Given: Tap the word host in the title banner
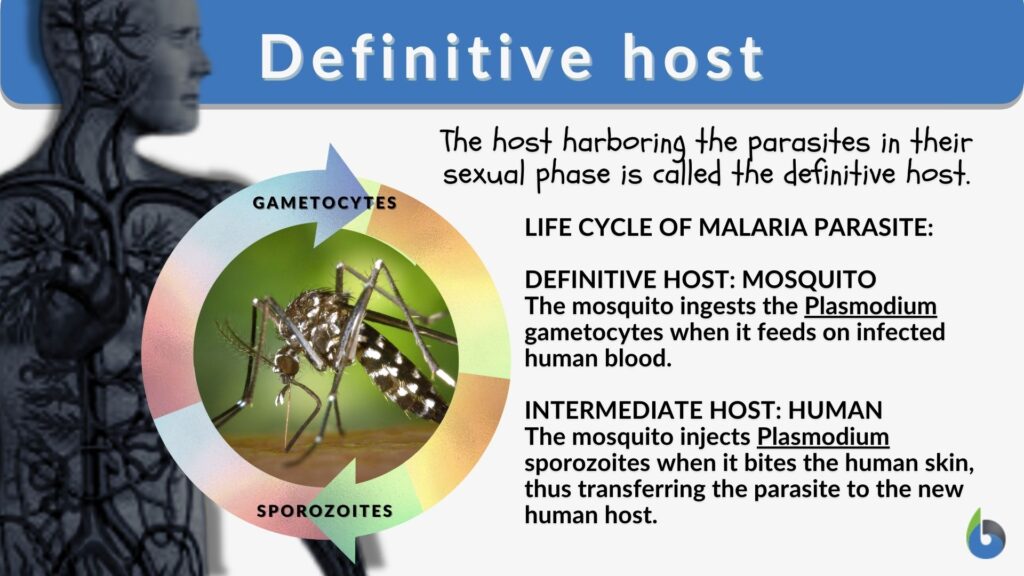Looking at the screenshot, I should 688,58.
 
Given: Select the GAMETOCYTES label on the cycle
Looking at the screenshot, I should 324,203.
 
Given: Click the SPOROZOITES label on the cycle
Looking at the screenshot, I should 324,512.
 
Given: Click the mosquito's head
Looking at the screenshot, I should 288,365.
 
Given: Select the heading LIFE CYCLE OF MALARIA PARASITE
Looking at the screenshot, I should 728,228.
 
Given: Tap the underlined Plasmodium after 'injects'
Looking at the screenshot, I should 823,437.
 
